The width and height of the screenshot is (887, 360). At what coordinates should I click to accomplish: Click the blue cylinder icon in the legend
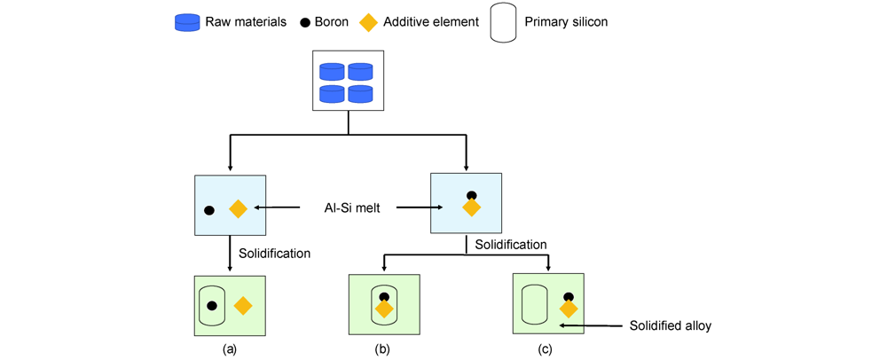click(x=187, y=23)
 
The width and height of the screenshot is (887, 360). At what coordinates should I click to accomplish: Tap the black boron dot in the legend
click(x=303, y=22)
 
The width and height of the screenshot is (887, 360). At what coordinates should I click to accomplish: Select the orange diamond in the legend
click(x=368, y=22)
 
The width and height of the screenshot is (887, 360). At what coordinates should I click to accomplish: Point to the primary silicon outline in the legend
click(x=503, y=23)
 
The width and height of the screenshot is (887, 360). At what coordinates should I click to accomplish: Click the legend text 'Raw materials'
click(x=246, y=22)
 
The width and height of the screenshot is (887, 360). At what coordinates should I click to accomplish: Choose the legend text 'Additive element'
click(x=430, y=22)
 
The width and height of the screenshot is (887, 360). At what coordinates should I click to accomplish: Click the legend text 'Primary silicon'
click(x=566, y=22)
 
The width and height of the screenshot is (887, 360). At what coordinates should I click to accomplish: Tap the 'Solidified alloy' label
click(x=670, y=325)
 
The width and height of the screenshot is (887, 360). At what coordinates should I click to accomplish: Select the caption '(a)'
click(x=229, y=349)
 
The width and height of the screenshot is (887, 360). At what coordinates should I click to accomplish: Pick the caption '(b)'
click(x=382, y=349)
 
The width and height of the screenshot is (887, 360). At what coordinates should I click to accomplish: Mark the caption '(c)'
click(x=545, y=349)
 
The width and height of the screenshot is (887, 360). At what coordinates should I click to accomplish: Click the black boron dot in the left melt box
click(x=209, y=211)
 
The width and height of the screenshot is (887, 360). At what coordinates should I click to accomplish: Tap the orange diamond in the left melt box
click(x=238, y=209)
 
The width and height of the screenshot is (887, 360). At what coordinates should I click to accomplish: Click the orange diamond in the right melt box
click(x=471, y=207)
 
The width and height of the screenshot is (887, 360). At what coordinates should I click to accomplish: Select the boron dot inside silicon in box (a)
click(x=212, y=306)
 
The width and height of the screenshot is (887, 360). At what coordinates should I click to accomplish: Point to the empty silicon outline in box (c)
click(x=534, y=304)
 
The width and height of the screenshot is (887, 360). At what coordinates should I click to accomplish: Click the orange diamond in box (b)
click(x=384, y=309)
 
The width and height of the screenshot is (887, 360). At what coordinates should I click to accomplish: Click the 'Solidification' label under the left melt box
click(x=274, y=254)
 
